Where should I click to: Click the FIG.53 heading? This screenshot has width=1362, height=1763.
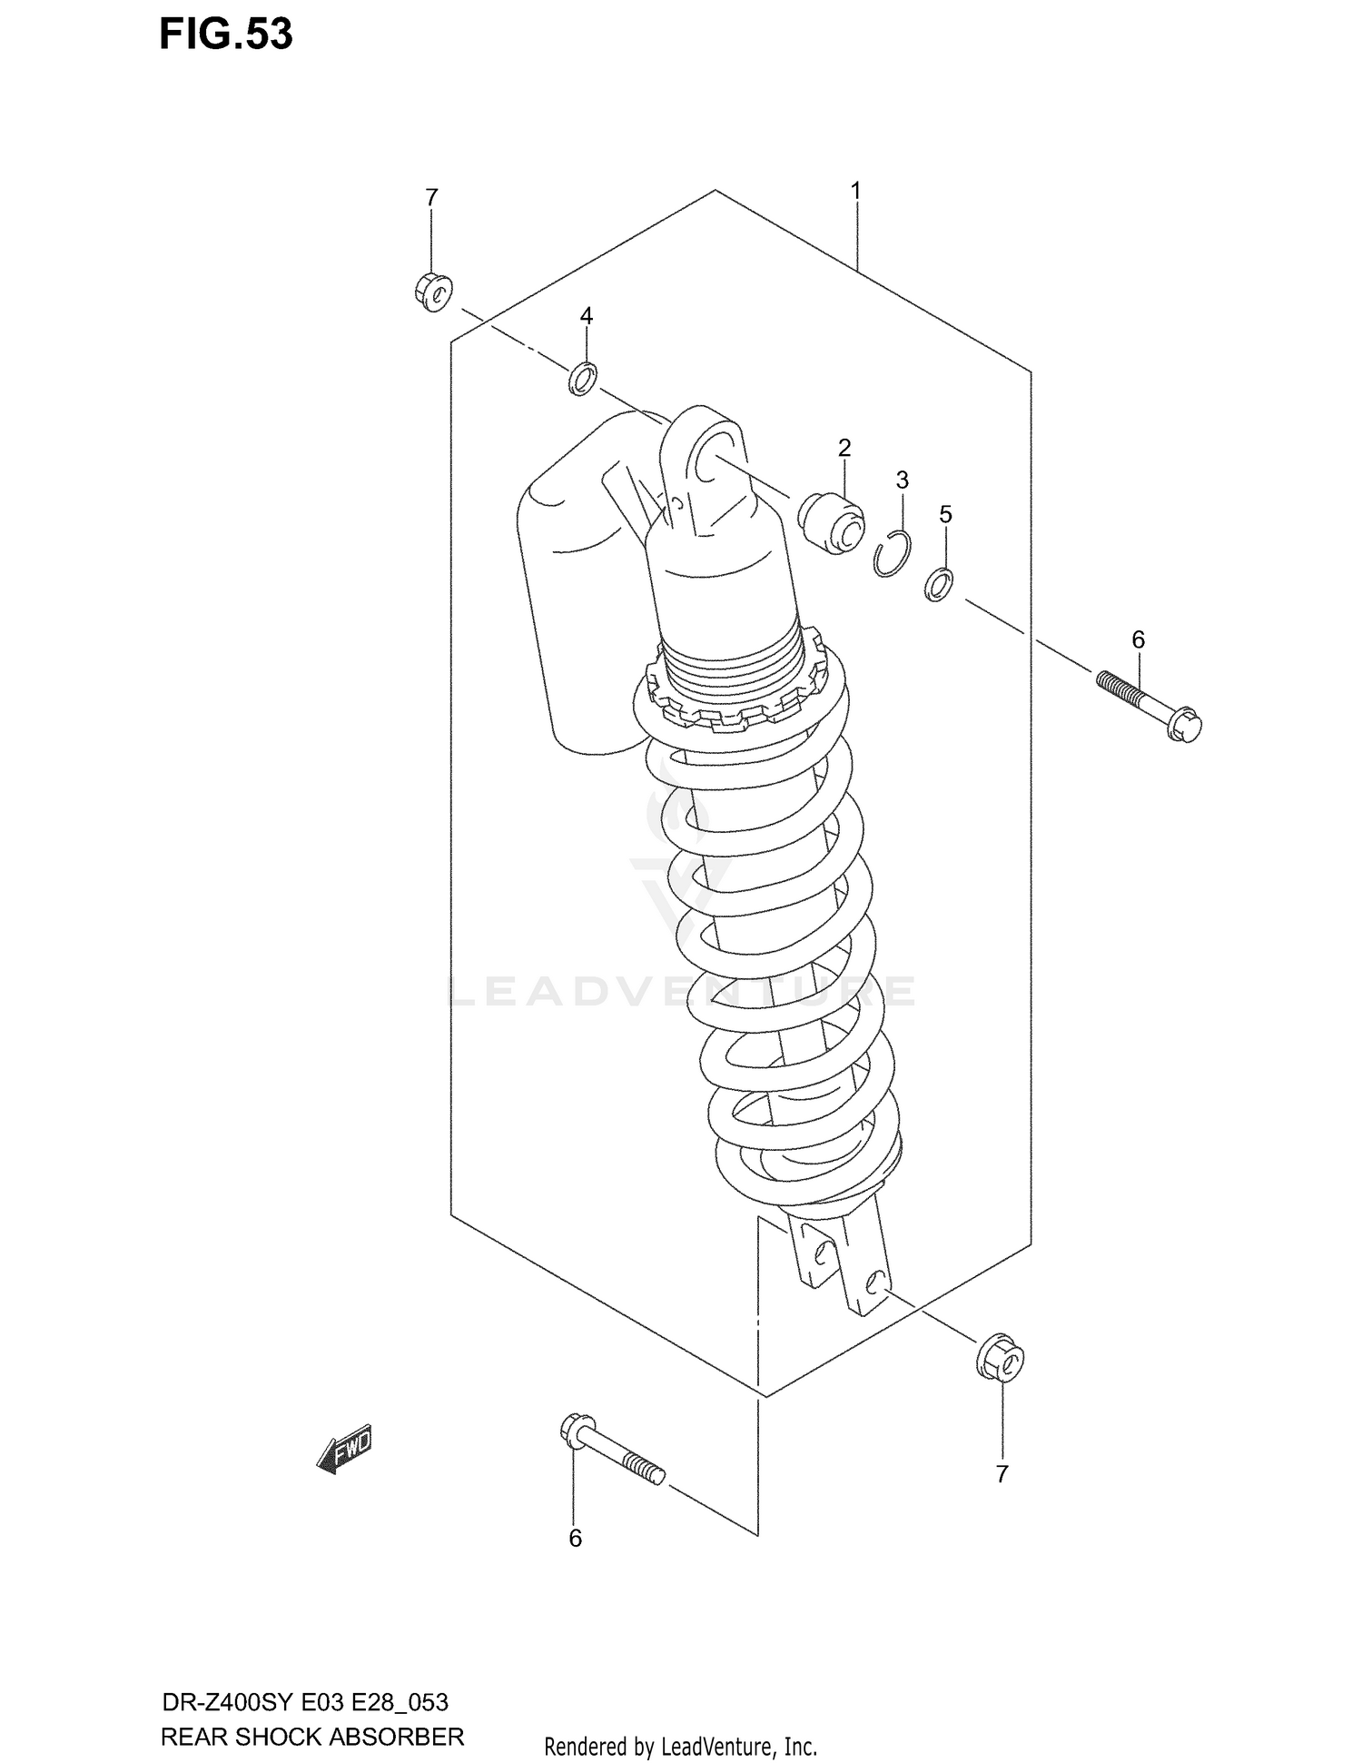226,35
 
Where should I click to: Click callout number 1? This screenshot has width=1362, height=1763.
855,192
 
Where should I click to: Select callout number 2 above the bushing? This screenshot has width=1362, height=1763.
844,447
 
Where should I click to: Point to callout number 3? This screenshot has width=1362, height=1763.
902,480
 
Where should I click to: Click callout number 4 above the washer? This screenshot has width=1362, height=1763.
587,316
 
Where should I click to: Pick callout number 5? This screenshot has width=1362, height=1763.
945,515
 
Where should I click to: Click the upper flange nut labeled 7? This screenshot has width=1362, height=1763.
431,292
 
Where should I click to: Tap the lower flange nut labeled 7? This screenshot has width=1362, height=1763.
1002,1362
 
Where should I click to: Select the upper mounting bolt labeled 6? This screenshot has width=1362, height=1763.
1149,704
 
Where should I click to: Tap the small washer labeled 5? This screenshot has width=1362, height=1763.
939,583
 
